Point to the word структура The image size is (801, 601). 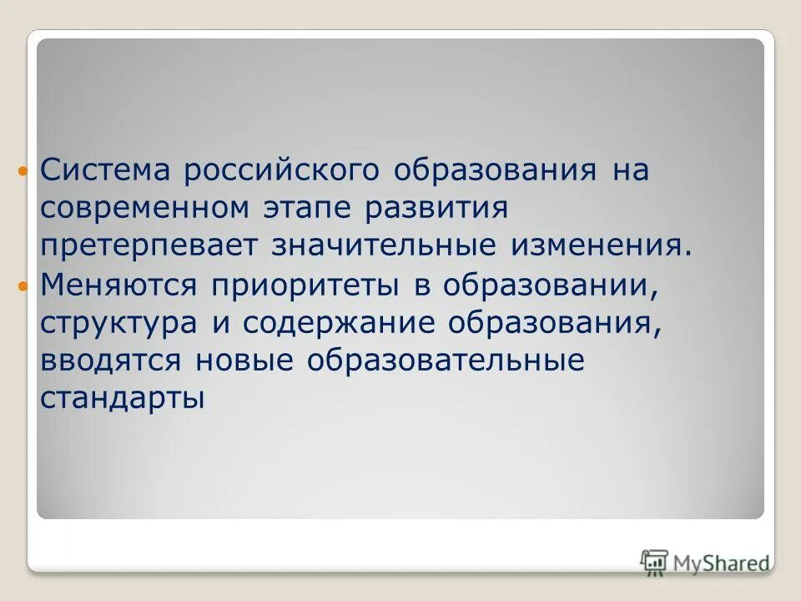point(116,324)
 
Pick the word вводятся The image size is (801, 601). point(110,361)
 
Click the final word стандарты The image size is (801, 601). point(122,399)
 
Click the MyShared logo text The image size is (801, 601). point(718,563)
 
